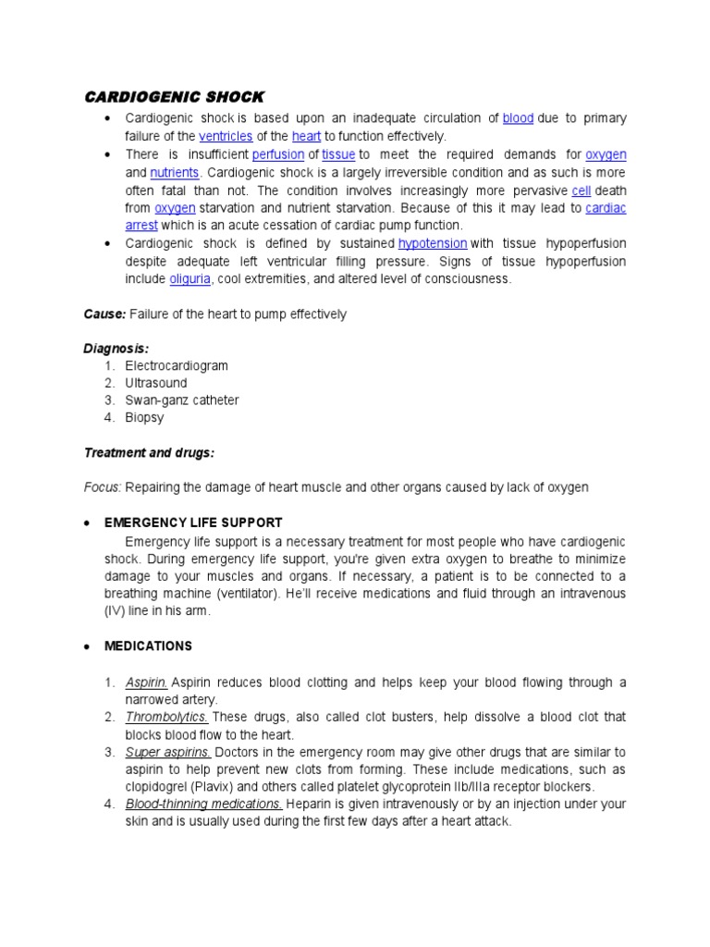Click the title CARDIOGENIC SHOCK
coord(175,97)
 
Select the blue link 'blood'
coord(518,118)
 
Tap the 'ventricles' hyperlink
coord(226,136)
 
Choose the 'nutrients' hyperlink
coord(176,172)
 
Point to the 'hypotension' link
coord(433,243)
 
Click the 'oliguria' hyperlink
coord(190,278)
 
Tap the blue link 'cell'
coord(581,191)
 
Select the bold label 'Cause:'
coord(105,314)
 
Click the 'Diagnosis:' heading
coord(116,349)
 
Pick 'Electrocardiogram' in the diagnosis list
coord(177,366)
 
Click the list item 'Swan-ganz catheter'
coord(182,400)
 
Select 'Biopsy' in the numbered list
coord(145,418)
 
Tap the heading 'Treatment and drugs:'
coord(149,452)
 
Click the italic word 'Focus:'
coord(103,487)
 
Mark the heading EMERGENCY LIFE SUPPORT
coord(193,523)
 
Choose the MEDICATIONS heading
coord(148,646)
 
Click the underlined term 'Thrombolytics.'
coord(166,718)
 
